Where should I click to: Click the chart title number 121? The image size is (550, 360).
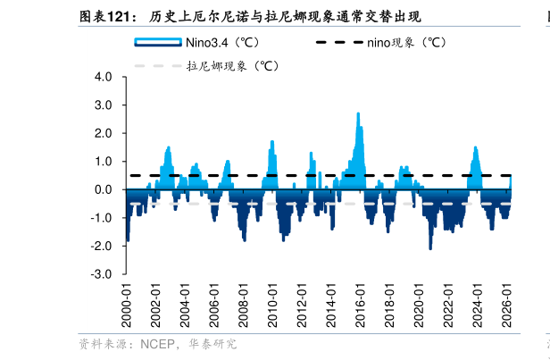point(118,16)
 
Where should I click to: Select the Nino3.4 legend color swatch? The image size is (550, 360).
point(158,42)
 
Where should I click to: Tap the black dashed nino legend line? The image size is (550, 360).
point(339,42)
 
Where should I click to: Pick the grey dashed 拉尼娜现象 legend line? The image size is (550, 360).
point(158,65)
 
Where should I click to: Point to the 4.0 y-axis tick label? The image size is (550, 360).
point(103,77)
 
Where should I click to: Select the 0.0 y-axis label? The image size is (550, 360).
point(103,189)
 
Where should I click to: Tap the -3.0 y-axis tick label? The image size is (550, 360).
point(101,274)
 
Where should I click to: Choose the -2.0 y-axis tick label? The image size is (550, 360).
point(101,246)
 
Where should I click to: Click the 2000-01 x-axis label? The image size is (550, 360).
point(126,306)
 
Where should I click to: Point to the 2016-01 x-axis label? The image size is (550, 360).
point(360,306)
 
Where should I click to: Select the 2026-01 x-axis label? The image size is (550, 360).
point(506,306)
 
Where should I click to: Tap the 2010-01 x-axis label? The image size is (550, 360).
point(272,306)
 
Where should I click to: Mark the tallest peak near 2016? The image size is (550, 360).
point(358,113)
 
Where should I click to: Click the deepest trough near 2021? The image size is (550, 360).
point(430,248)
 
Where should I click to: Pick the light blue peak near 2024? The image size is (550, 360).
point(475,147)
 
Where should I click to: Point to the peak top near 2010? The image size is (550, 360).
point(271,142)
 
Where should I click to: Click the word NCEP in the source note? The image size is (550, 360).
point(157,344)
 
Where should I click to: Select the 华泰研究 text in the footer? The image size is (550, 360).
point(212,344)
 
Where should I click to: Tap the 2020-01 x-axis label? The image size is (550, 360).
point(419,306)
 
